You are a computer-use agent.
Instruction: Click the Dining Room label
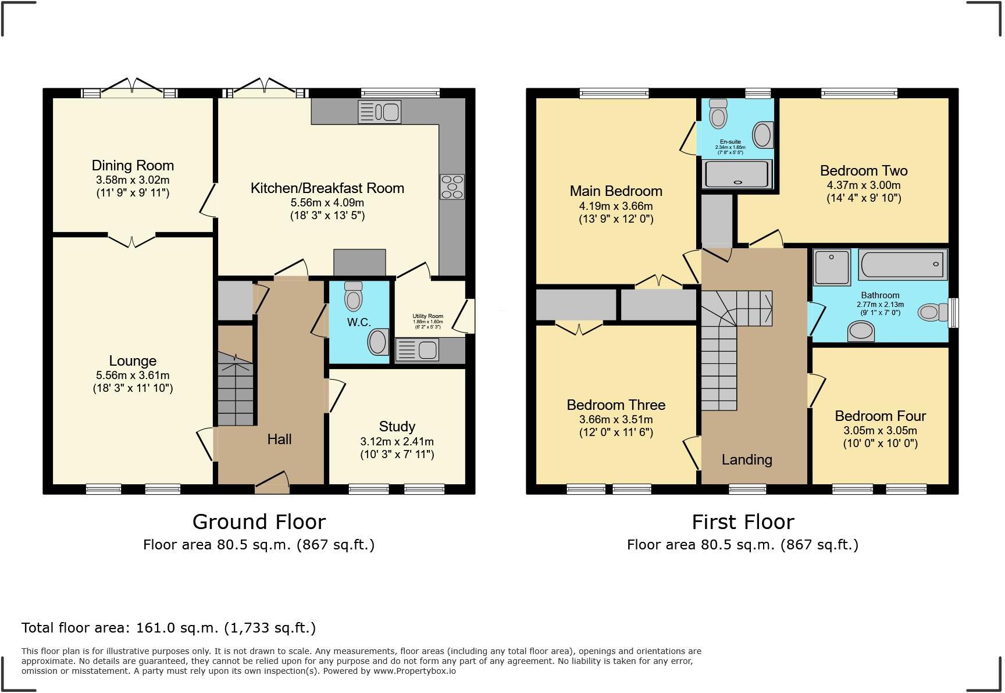tap(133, 166)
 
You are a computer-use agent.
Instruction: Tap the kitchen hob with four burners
tap(452, 187)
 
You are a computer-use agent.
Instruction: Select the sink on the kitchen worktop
tap(379, 112)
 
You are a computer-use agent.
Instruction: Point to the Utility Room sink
tap(417, 350)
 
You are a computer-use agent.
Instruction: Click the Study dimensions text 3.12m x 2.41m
tap(397, 442)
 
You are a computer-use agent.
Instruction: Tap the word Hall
tap(279, 440)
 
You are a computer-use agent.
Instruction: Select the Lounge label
tap(133, 361)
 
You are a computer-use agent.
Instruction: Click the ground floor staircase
tap(236, 390)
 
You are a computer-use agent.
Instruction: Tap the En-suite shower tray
tap(737, 174)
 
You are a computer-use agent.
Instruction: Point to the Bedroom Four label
tap(880, 416)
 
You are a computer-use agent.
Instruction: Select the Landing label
tap(747, 460)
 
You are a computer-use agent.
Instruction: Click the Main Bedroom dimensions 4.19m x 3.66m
tap(616, 206)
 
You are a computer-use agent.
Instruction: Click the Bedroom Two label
tap(864, 171)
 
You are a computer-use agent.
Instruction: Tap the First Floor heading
tap(743, 522)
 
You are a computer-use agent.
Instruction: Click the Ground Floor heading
tap(259, 522)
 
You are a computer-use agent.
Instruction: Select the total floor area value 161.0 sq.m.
tap(176, 628)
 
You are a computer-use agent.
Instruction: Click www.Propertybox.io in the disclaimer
tap(414, 671)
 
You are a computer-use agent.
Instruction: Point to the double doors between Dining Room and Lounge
tap(132, 240)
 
